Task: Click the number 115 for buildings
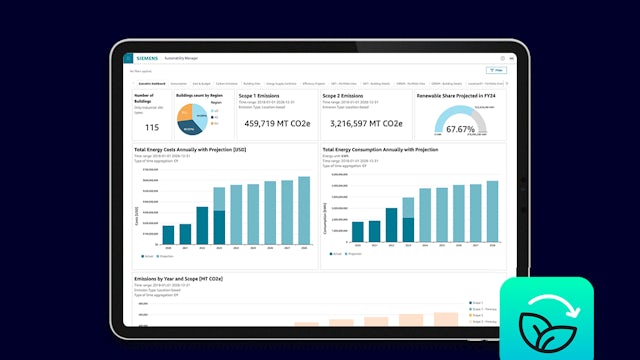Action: pos(152,128)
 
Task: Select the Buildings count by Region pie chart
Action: pos(192,119)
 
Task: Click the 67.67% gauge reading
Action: pos(461,128)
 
